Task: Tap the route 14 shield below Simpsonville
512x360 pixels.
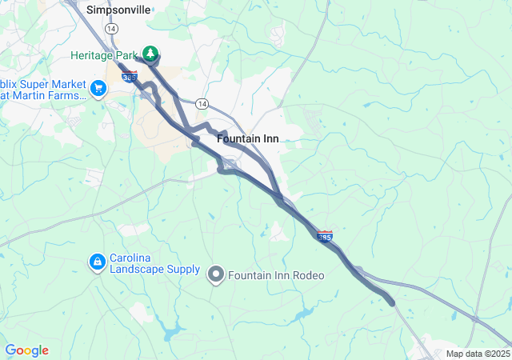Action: pyautogui.click(x=110, y=28)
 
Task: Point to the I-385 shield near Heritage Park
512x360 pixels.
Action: pyautogui.click(x=130, y=77)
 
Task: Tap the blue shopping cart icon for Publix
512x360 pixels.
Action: pyautogui.click(x=98, y=87)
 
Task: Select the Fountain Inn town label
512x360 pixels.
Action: pyautogui.click(x=247, y=138)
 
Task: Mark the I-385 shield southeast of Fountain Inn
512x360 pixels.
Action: pyautogui.click(x=325, y=237)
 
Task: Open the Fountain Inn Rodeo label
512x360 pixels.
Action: pyautogui.click(x=276, y=276)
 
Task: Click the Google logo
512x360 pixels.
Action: pyautogui.click(x=26, y=350)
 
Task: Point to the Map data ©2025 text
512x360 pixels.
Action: pyautogui.click(x=478, y=354)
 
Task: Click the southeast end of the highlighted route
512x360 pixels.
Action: pyautogui.click(x=391, y=302)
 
